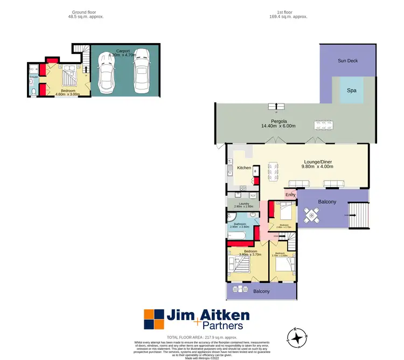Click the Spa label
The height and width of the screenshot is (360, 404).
(x=351, y=91)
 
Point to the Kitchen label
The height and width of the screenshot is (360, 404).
(x=245, y=168)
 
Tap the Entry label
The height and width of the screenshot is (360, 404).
(x=291, y=195)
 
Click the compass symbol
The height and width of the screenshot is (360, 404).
(x=297, y=338)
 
